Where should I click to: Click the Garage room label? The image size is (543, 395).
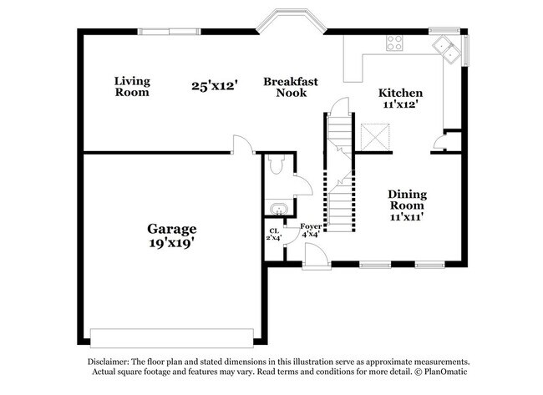pyautogui.click(x=172, y=230)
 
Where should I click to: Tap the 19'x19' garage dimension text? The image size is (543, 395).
pyautogui.click(x=170, y=243)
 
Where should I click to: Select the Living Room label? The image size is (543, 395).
pyautogui.click(x=132, y=87)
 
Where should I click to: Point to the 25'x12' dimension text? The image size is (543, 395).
pyautogui.click(x=215, y=85)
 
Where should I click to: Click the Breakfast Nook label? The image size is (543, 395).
pyautogui.click(x=291, y=87)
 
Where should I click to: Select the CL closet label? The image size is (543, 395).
pyautogui.click(x=274, y=231)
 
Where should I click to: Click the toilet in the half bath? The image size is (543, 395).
pyautogui.click(x=277, y=164)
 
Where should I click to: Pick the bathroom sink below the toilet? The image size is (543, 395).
pyautogui.click(x=279, y=209)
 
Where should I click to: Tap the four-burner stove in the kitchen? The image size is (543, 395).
pyautogui.click(x=394, y=43)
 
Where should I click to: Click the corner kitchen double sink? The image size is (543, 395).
pyautogui.click(x=448, y=49)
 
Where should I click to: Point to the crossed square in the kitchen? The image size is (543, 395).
pyautogui.click(x=375, y=137)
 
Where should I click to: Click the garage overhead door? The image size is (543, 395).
pyautogui.click(x=172, y=338)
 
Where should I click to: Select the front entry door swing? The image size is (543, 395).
pyautogui.click(x=316, y=256)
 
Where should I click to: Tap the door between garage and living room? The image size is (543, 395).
pyautogui.click(x=243, y=144)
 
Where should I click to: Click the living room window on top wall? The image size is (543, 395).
pyautogui.click(x=170, y=32)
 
